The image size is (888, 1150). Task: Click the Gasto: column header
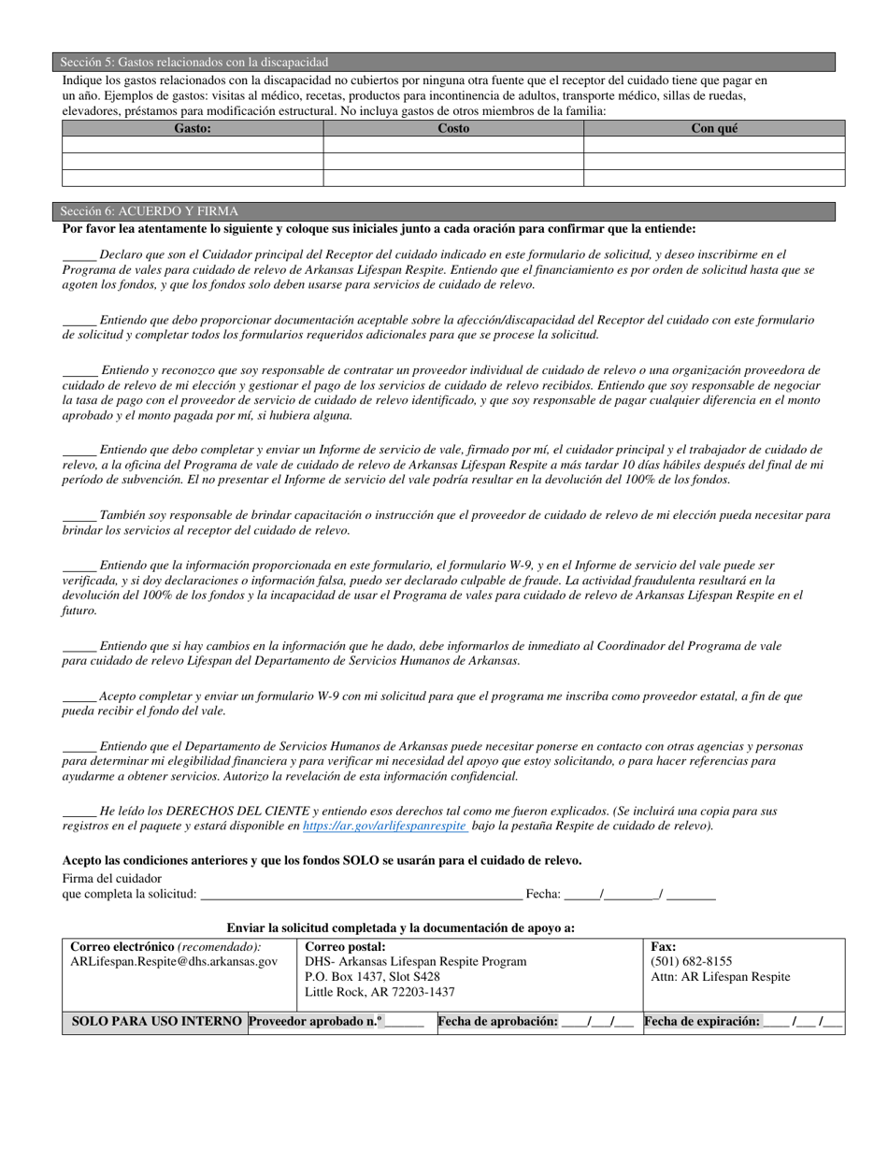pos(193,128)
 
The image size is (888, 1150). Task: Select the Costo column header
pos(453,128)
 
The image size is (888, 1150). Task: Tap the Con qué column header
pos(714,128)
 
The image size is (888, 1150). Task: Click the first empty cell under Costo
pos(453,145)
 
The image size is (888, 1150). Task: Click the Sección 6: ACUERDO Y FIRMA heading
pos(150,211)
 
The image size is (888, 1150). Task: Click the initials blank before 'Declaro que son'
pos(79,255)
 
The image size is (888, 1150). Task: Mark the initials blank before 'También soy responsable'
pos(79,516)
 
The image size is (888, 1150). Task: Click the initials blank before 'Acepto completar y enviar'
pos(79,697)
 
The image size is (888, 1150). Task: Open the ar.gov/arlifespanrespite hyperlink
pos(384,827)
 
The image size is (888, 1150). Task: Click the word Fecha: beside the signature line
pos(543,895)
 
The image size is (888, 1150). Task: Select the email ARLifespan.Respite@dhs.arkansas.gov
pos(175,961)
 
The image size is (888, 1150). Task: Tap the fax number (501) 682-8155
pos(692,961)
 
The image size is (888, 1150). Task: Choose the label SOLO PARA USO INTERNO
pos(157,1022)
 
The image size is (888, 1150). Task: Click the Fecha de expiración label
pos(702,1022)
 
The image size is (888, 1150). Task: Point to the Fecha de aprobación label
pos(498,1022)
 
